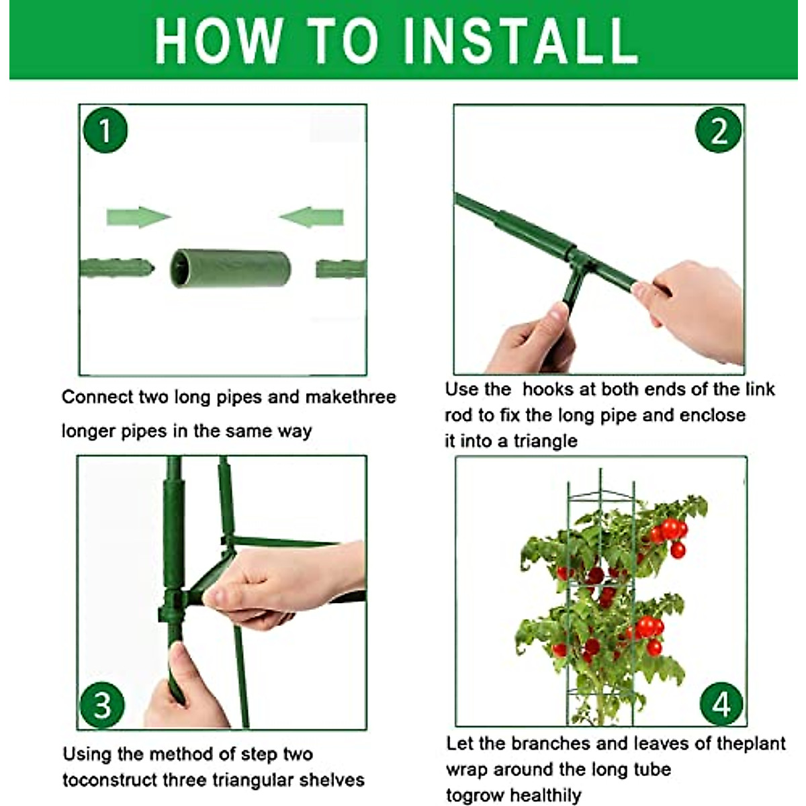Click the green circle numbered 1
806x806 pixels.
[x=105, y=130]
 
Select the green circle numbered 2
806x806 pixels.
[x=718, y=130]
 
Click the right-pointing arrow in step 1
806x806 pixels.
[x=138, y=217]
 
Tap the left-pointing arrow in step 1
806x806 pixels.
[x=311, y=217]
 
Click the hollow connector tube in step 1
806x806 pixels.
[x=230, y=269]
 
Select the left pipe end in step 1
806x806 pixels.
[x=117, y=268]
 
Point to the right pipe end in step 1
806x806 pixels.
[x=341, y=269]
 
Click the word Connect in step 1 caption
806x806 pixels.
[x=97, y=397]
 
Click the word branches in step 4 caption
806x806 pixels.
[x=551, y=744]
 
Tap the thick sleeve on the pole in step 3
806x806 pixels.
[x=173, y=535]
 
